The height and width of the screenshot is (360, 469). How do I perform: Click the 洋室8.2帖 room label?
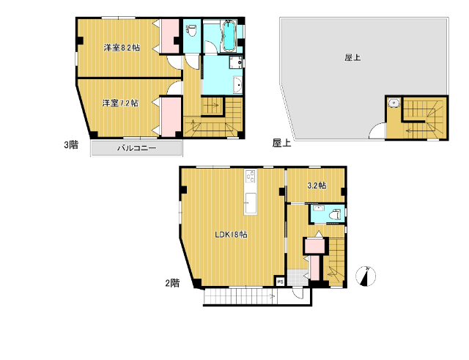[122, 48]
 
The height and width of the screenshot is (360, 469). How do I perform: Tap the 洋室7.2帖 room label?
[120, 103]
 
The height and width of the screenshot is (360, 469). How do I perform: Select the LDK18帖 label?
[232, 235]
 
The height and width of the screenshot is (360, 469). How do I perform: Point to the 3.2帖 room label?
[317, 185]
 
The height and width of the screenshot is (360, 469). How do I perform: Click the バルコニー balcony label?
[137, 148]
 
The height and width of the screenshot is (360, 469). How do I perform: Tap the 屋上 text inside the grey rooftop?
[352, 57]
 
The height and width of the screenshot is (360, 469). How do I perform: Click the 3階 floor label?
[71, 145]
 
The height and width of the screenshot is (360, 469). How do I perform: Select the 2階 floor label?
[173, 283]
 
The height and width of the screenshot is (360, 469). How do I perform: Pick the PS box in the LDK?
[280, 282]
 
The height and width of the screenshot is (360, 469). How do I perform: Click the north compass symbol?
[366, 276]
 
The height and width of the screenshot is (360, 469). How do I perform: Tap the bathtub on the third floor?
[229, 36]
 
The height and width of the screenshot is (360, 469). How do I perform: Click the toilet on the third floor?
[191, 31]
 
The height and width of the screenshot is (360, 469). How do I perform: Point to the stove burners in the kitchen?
[251, 176]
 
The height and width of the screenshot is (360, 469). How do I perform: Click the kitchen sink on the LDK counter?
[251, 204]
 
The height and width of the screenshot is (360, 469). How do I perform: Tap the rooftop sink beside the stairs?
[394, 103]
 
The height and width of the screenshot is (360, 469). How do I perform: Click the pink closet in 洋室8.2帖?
[170, 36]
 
